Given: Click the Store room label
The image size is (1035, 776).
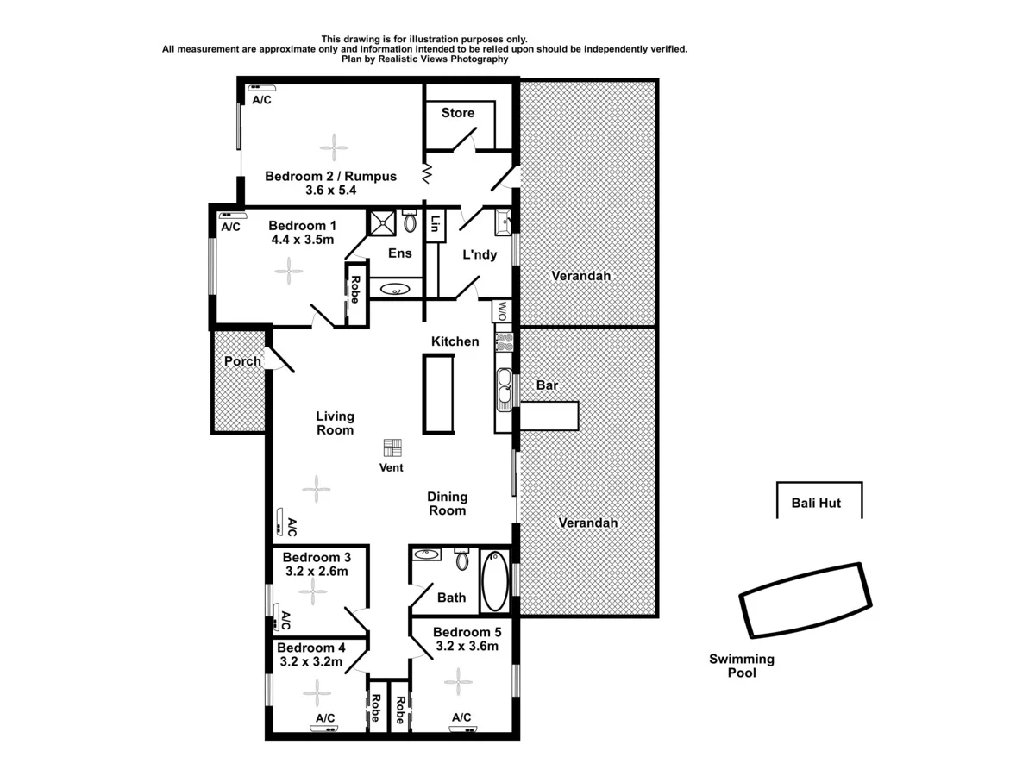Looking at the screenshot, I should (x=458, y=113).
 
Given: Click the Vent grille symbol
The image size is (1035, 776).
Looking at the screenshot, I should (x=393, y=448).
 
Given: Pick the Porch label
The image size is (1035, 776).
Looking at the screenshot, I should (x=242, y=361).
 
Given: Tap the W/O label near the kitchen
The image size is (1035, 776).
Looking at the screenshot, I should (x=503, y=310).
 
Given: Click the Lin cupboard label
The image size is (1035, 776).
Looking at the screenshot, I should (x=436, y=223).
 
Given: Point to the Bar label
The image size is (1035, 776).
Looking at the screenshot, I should (x=547, y=385).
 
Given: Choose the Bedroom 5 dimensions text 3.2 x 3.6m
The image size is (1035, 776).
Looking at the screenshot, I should (x=467, y=646).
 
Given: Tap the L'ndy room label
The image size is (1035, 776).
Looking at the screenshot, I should (x=480, y=254).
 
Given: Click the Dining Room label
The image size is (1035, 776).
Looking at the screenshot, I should (x=447, y=504).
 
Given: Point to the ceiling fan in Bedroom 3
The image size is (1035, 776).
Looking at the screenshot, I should (x=312, y=591).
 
